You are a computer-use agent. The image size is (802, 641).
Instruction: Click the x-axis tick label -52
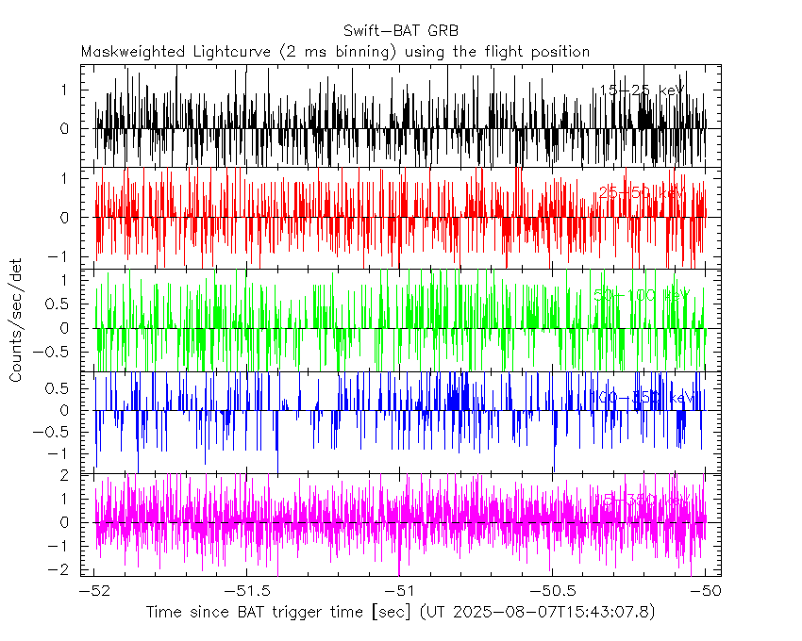click(93, 590)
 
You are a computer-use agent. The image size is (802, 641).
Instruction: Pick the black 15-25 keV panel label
click(642, 90)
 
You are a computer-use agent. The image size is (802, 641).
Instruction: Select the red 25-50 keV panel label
click(642, 193)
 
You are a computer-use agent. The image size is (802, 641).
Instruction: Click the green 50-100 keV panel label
click(642, 295)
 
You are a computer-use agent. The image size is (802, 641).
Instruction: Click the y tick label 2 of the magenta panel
click(65, 476)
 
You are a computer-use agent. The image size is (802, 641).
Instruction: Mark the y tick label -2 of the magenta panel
click(61, 568)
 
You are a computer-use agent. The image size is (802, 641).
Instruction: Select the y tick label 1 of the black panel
click(65, 89)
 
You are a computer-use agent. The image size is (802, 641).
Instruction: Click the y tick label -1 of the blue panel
click(61, 454)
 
